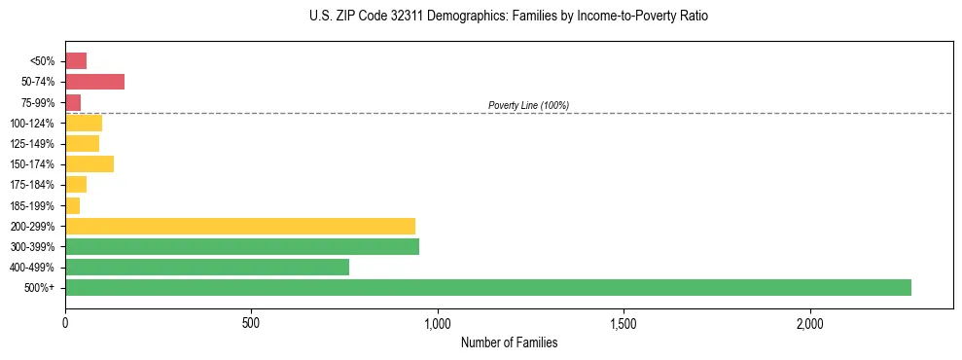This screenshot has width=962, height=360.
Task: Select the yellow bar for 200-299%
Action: click(240, 226)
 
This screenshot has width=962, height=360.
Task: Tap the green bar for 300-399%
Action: click(242, 246)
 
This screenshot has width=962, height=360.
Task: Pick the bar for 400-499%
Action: click(207, 268)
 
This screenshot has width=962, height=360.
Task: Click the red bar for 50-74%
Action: click(94, 82)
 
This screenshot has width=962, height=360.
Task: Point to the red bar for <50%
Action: click(76, 61)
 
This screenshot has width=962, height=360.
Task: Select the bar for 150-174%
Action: click(89, 164)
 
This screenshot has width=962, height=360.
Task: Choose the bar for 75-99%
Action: click(73, 102)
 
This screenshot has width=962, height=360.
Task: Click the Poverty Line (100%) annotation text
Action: click(528, 105)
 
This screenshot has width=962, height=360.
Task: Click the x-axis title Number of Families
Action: click(509, 343)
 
